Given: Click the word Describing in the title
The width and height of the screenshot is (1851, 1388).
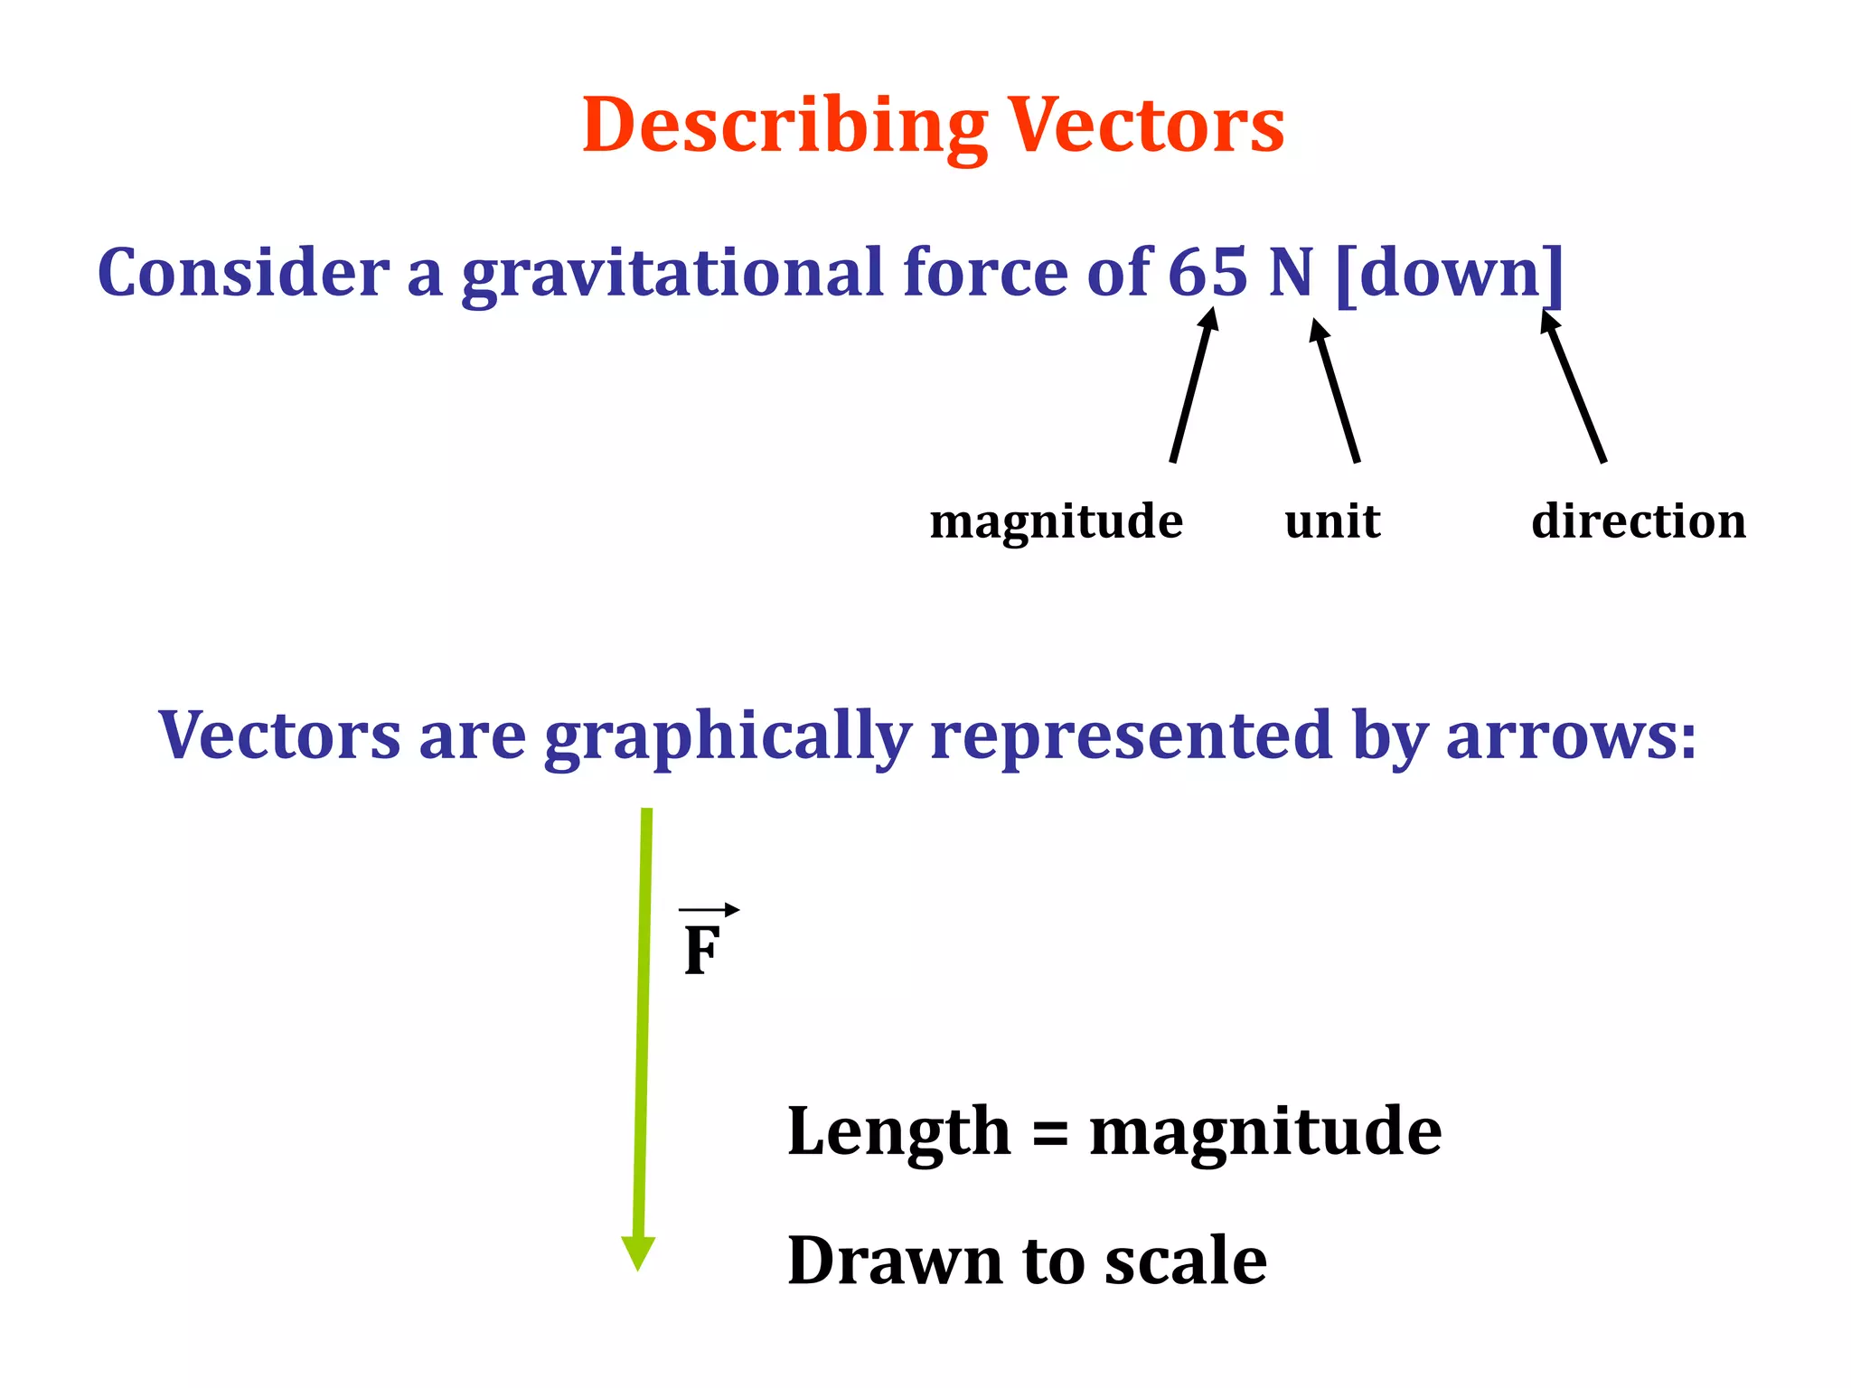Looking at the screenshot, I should click(x=785, y=127).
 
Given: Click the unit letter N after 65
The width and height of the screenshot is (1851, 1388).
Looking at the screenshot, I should click(x=1291, y=272).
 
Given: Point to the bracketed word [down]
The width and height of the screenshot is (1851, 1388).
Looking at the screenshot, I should click(x=1449, y=272).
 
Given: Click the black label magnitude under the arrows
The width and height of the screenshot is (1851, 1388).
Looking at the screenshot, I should click(x=1056, y=521).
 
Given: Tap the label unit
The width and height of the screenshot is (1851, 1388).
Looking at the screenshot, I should click(x=1332, y=521).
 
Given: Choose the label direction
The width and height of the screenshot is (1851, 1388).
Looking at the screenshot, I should click(x=1638, y=521).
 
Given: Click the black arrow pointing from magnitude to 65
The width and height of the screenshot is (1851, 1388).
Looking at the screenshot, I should click(x=1193, y=385).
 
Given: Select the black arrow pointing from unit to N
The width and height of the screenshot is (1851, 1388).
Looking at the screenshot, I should click(x=1335, y=390).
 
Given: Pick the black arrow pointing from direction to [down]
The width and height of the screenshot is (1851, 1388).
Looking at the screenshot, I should click(x=1574, y=386).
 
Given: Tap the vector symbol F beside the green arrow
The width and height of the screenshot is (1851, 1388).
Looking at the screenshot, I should click(x=702, y=951).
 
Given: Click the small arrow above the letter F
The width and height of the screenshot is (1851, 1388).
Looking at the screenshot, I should click(x=709, y=910).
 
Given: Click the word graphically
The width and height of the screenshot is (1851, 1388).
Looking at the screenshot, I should click(x=728, y=736).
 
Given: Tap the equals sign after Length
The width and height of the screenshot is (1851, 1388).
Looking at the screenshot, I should click(x=1049, y=1132).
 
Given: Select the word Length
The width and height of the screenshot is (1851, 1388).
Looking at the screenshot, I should click(x=898, y=1131).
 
